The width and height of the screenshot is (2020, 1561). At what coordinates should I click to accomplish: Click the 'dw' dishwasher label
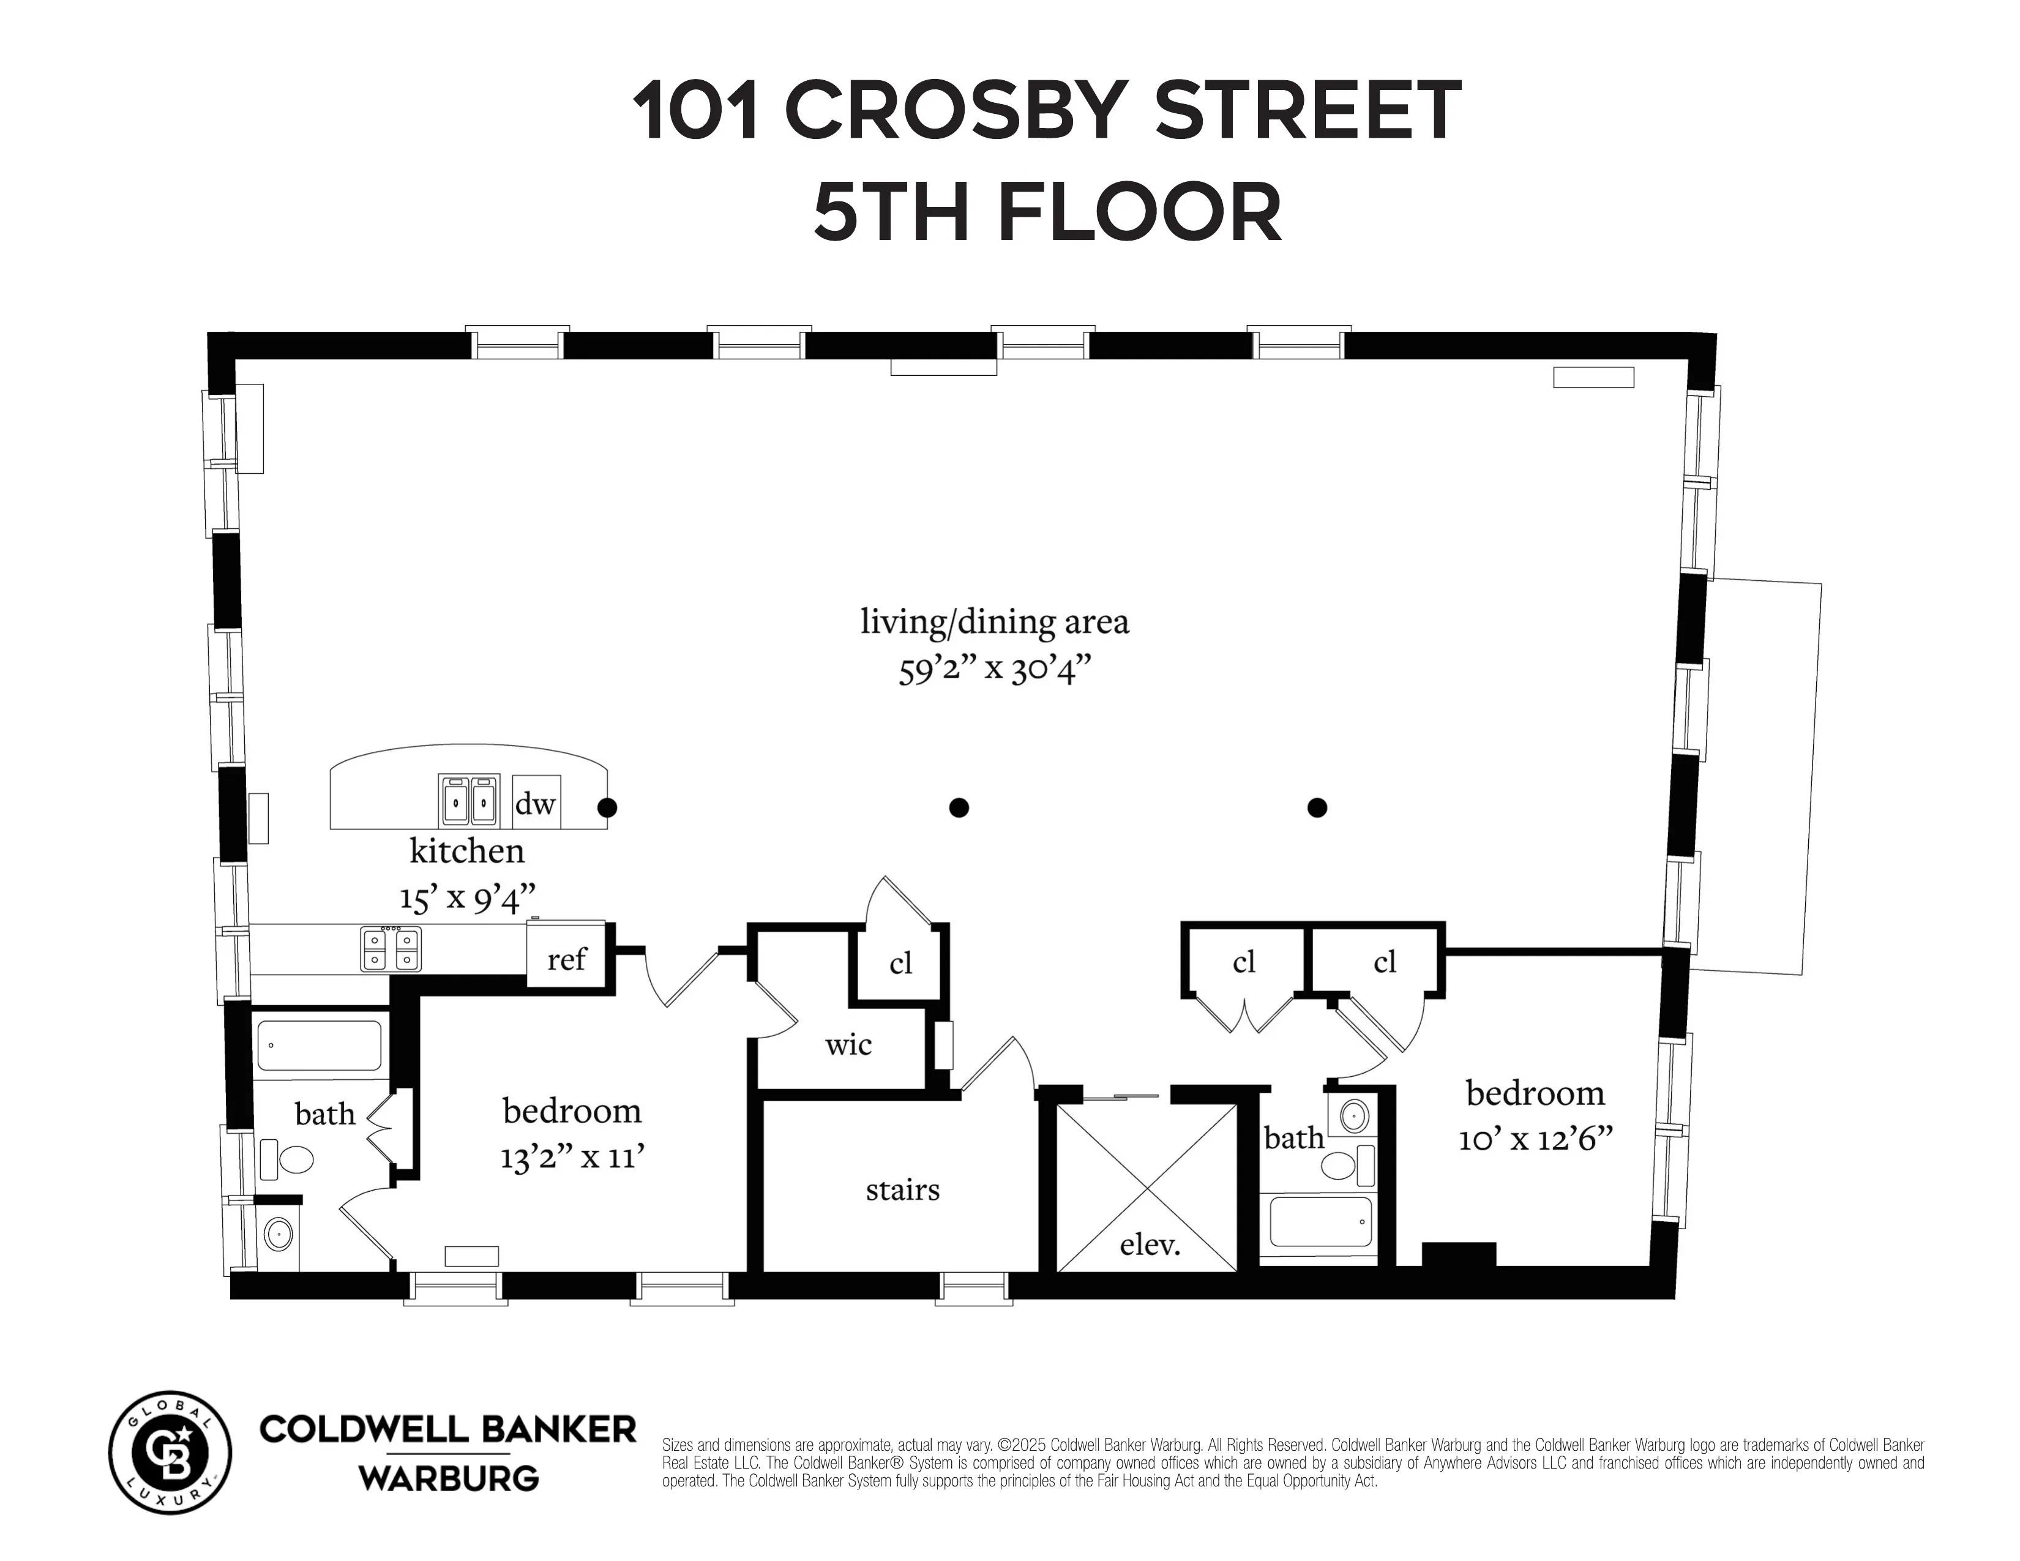pyautogui.click(x=534, y=804)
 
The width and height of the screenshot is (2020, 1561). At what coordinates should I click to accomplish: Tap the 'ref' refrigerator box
pyautogui.click(x=566, y=959)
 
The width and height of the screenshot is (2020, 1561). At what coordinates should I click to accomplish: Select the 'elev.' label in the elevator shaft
pyautogui.click(x=1150, y=1245)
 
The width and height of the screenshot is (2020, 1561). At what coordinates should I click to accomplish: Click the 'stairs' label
pyautogui.click(x=902, y=1189)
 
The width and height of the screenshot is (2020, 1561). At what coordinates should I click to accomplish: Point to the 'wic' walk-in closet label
pyautogui.click(x=848, y=1045)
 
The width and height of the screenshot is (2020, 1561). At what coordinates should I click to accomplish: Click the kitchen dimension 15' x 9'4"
pyautogui.click(x=467, y=897)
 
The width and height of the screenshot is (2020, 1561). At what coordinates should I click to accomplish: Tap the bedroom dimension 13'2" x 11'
pyautogui.click(x=572, y=1157)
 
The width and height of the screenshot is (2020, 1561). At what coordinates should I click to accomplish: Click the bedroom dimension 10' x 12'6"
pyautogui.click(x=1535, y=1139)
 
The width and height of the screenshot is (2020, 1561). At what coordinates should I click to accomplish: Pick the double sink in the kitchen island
pyautogui.click(x=469, y=801)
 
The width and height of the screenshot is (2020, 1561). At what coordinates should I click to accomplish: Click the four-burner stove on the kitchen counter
pyautogui.click(x=391, y=949)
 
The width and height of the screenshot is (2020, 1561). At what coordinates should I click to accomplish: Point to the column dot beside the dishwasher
pyautogui.click(x=607, y=807)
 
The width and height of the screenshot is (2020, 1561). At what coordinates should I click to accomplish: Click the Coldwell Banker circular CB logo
pyautogui.click(x=170, y=1452)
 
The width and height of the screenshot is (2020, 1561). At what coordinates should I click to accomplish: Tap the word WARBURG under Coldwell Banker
pyautogui.click(x=449, y=1478)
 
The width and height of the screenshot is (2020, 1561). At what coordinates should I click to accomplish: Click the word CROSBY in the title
pyautogui.click(x=958, y=111)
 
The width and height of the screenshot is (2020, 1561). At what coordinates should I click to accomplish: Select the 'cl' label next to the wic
pyautogui.click(x=900, y=964)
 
